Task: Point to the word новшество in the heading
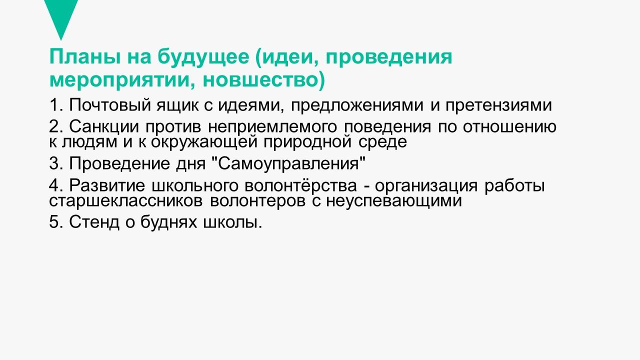(260, 80)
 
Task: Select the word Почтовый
(109, 105)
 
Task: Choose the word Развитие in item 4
(107, 185)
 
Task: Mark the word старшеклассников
(125, 201)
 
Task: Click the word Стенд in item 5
(94, 222)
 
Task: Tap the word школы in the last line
(232, 222)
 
